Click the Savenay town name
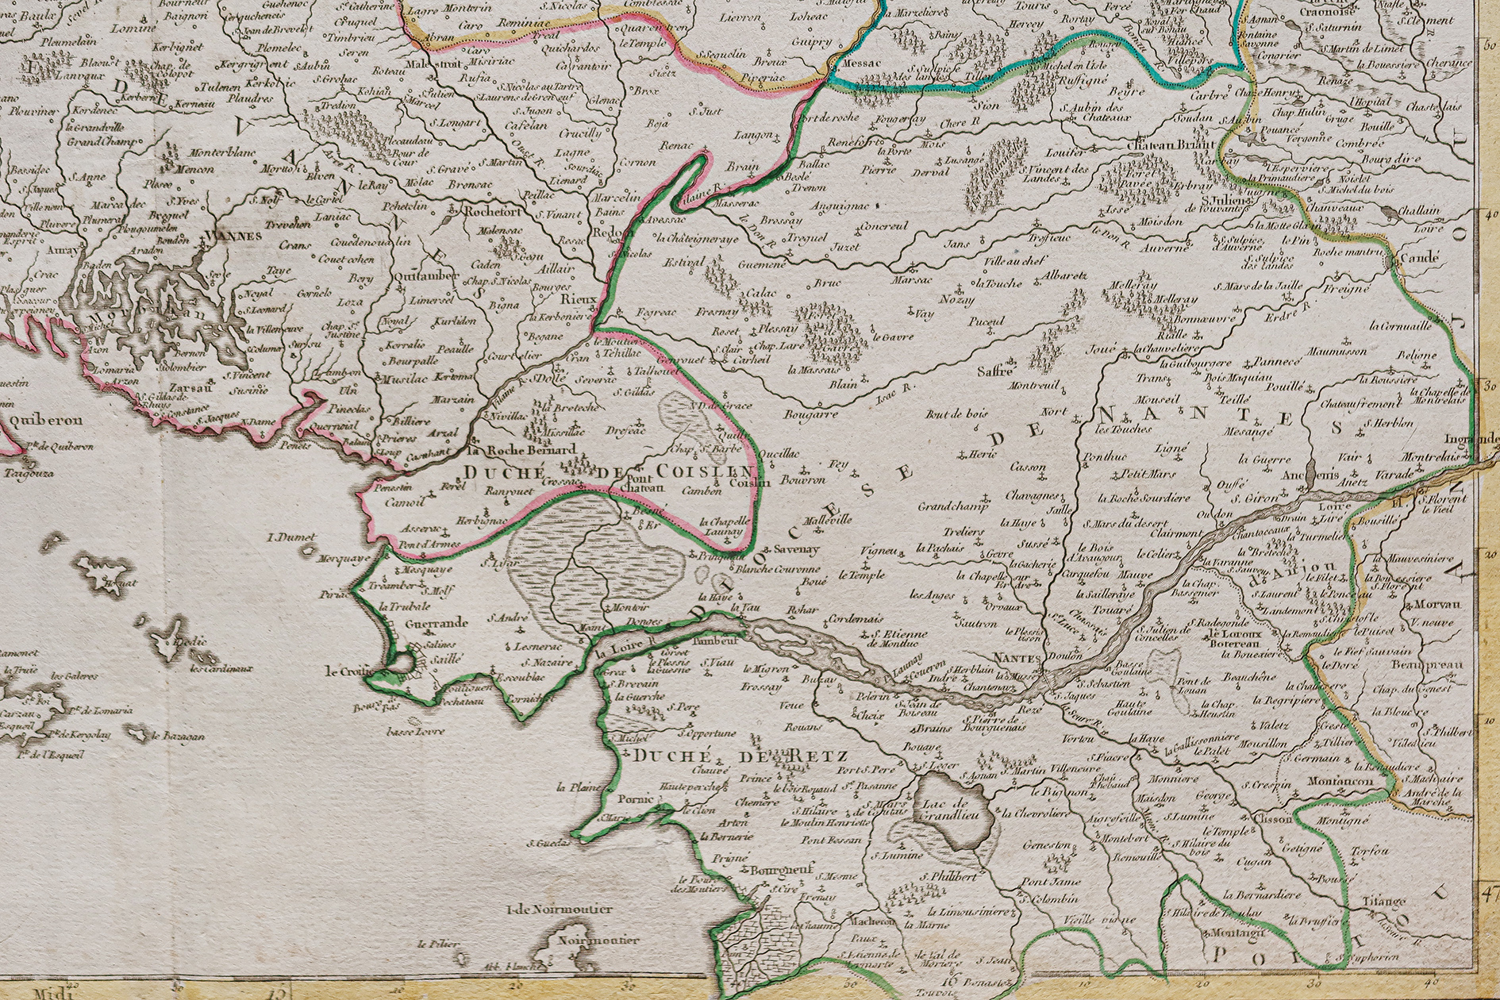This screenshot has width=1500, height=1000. tap(796, 549)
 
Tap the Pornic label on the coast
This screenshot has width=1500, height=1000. tap(635, 799)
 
